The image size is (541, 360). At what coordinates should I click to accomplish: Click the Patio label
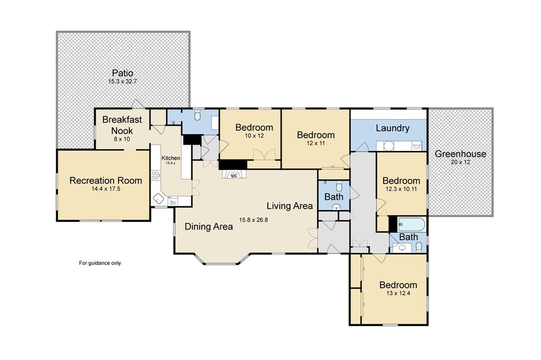[123, 73]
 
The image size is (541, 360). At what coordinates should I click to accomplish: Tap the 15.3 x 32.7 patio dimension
[123, 82]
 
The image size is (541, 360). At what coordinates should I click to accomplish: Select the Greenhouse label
[460, 154]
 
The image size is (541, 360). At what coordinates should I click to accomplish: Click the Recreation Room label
[106, 181]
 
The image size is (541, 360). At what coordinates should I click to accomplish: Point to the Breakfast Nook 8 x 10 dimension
[122, 139]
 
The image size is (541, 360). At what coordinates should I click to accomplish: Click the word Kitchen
[171, 158]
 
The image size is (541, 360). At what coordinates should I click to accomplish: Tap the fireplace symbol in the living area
[234, 175]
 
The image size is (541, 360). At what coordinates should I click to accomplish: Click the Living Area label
[290, 206]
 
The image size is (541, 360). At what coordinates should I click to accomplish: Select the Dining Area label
[209, 226]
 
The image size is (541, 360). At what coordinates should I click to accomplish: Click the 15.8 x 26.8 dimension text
[254, 220]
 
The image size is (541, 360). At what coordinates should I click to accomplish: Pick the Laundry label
[393, 128]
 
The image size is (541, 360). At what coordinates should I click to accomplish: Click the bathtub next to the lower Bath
[411, 224]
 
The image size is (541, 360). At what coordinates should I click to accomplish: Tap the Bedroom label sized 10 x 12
[254, 127]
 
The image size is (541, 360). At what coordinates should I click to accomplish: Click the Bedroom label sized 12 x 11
[316, 135]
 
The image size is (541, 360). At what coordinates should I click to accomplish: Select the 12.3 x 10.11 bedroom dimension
[402, 189]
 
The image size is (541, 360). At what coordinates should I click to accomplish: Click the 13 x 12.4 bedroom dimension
[398, 293]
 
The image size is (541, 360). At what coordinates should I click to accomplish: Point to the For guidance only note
[100, 263]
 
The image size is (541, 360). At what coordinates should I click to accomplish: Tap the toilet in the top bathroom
[198, 115]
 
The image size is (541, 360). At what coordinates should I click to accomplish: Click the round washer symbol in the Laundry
[389, 146]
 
